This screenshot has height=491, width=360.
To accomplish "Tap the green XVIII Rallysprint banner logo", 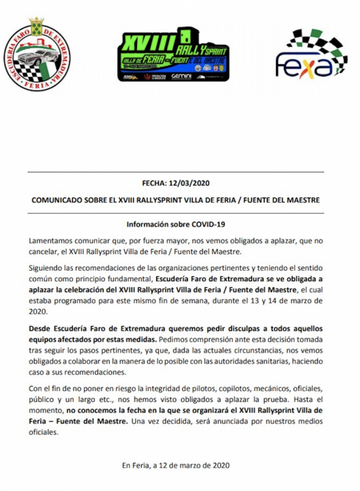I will (173, 54).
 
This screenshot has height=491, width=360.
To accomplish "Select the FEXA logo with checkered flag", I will (312, 54).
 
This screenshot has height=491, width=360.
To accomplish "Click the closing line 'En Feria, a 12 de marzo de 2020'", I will (176, 465).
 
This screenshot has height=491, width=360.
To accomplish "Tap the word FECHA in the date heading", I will (152, 183).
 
